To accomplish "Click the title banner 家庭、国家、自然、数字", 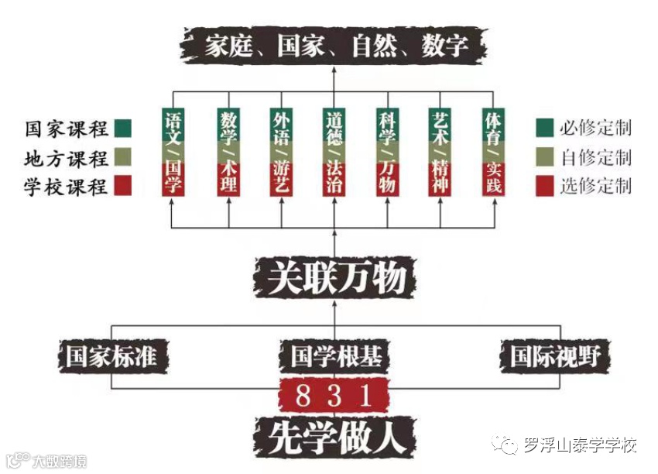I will coord(334,46).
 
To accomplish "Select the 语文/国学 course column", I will coord(174,152).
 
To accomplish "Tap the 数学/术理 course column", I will coord(228,152).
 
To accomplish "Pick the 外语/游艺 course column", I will coord(281,152).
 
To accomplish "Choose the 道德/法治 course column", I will coord(334,152).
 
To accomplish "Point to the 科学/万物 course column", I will coord(387,152).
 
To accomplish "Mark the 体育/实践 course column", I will coord(493,152).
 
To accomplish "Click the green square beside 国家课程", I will coord(122,128).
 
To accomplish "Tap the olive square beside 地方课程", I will coord(122,157).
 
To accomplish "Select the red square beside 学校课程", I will coord(122,186).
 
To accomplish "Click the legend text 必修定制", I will coord(595,128).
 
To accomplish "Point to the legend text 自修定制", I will coord(595,157).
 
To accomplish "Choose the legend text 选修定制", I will coord(595,186).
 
